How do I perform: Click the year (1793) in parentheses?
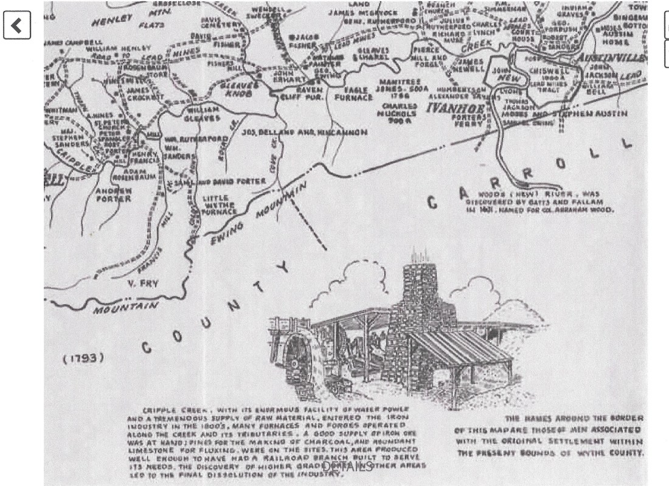tap(83, 358)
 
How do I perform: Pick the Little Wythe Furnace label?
tap(218, 204)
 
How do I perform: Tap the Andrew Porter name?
tap(114, 194)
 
